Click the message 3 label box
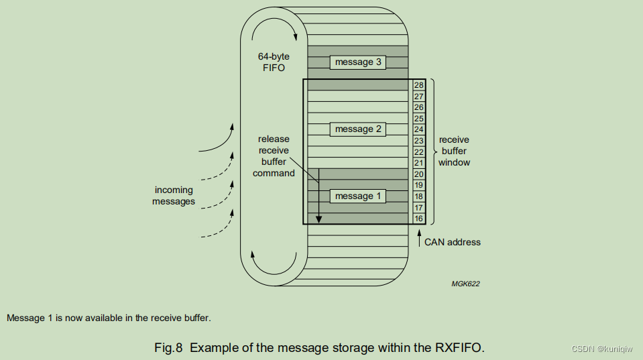coord(358,62)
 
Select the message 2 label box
coord(358,129)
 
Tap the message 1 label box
coord(358,196)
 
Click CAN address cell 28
coord(419,85)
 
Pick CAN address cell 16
coord(419,219)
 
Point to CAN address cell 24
coord(419,129)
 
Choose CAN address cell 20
coord(419,174)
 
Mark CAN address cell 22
coord(419,152)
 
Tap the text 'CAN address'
coord(452,242)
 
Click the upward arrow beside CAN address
coord(419,238)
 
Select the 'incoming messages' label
coord(174,196)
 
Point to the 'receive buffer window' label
coord(454,151)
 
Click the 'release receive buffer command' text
coord(274,156)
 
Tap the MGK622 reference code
coord(465,284)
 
